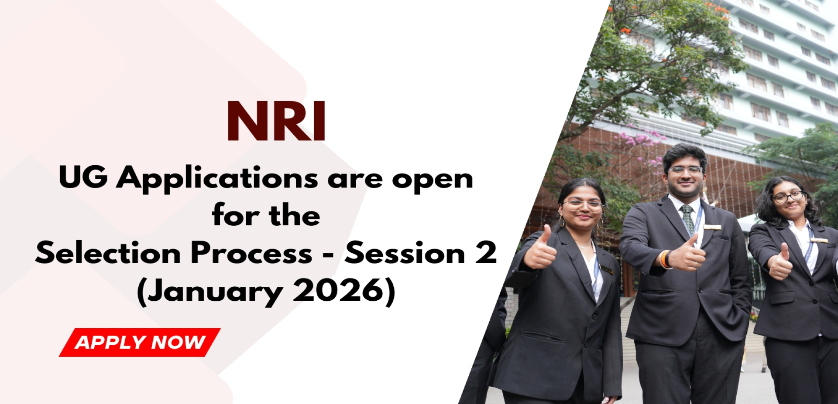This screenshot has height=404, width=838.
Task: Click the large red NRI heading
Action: (x=276, y=121)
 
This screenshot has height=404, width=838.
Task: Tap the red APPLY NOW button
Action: (x=140, y=343)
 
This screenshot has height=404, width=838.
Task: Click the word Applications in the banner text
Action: (x=217, y=179)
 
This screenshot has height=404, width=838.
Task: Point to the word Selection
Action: (x=108, y=253)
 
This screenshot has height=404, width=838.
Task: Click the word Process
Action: (x=251, y=253)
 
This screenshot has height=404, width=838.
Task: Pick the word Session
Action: (x=405, y=253)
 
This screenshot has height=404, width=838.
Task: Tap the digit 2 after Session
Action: (x=486, y=253)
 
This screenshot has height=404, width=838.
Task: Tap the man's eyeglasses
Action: (x=686, y=170)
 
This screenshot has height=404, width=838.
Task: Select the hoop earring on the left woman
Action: (x=562, y=221)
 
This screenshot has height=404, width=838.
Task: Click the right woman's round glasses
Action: (x=788, y=197)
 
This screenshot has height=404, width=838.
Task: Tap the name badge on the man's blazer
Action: (x=712, y=227)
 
